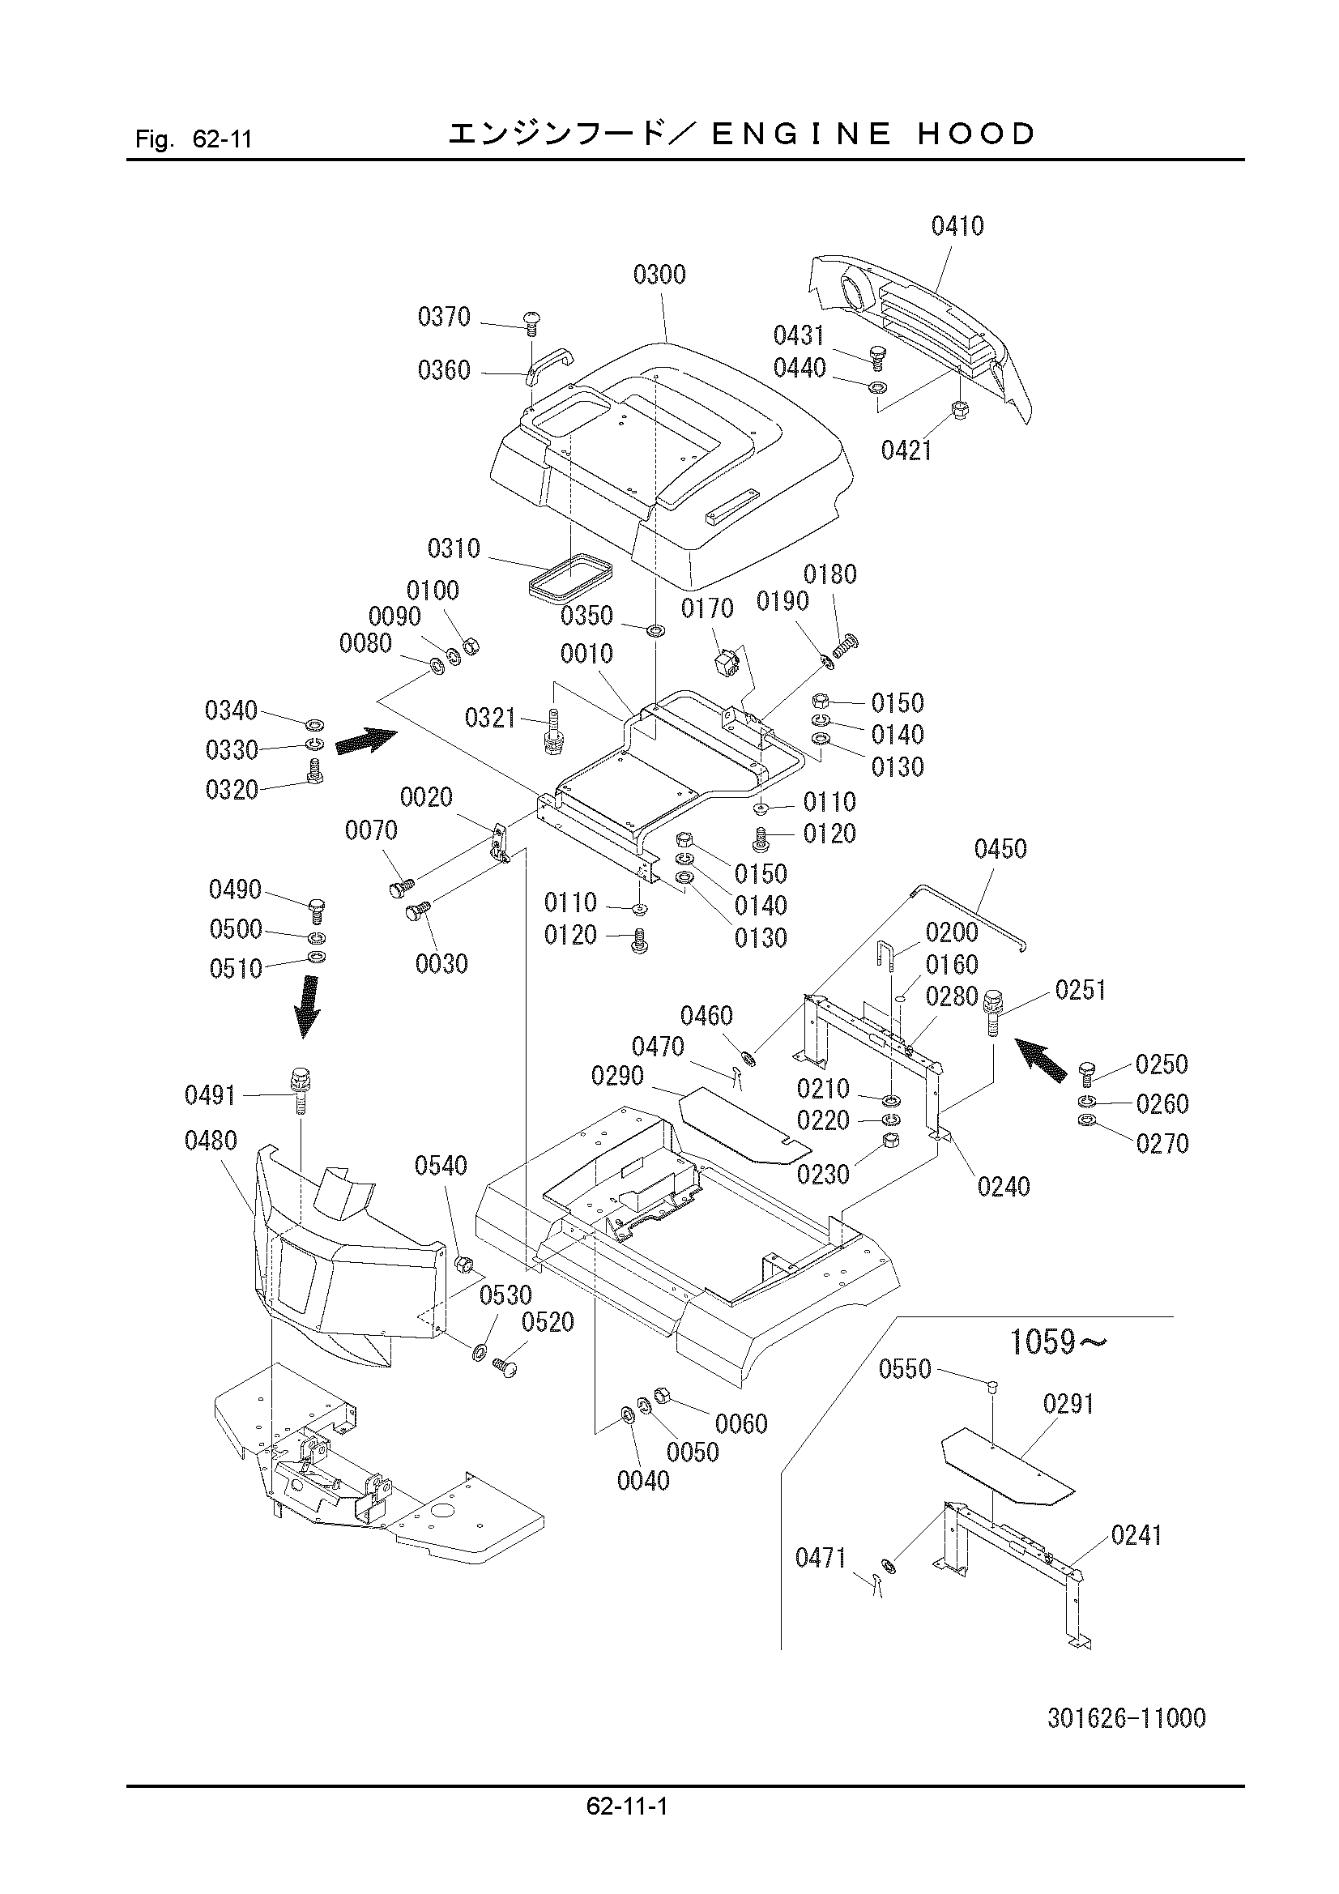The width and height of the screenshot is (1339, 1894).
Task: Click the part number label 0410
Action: click(x=957, y=225)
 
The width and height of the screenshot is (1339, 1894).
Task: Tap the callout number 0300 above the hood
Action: click(x=659, y=275)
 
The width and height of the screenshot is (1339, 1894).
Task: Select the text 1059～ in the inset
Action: click(x=1059, y=1342)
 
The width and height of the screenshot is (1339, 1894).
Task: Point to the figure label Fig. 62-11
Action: click(x=193, y=138)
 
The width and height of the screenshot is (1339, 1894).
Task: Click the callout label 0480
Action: click(x=211, y=1141)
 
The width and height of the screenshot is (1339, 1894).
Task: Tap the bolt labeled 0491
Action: click(x=300, y=1090)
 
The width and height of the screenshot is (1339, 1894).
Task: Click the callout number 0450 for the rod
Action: click(x=1000, y=849)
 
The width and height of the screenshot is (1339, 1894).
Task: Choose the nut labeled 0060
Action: click(x=661, y=1395)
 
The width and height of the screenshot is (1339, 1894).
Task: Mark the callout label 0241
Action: click(x=1136, y=1535)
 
